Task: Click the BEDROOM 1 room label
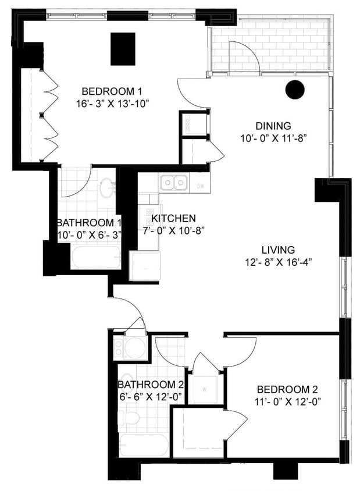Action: click(x=112, y=91)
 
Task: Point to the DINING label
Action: click(x=273, y=126)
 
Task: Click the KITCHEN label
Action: click(x=173, y=218)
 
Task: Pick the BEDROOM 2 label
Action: click(x=287, y=389)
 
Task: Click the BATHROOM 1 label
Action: click(x=88, y=223)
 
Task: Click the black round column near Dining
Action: click(x=295, y=89)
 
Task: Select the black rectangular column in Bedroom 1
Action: click(x=123, y=49)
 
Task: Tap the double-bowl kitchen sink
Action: click(x=174, y=183)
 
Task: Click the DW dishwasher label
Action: click(x=200, y=186)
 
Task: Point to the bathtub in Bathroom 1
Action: click(x=95, y=257)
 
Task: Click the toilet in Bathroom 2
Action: click(x=129, y=418)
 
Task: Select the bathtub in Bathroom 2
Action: click(x=144, y=445)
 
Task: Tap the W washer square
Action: click(x=205, y=390)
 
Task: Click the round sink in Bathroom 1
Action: click(x=108, y=188)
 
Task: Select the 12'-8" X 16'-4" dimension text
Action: click(x=278, y=262)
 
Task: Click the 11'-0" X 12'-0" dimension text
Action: click(x=287, y=401)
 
